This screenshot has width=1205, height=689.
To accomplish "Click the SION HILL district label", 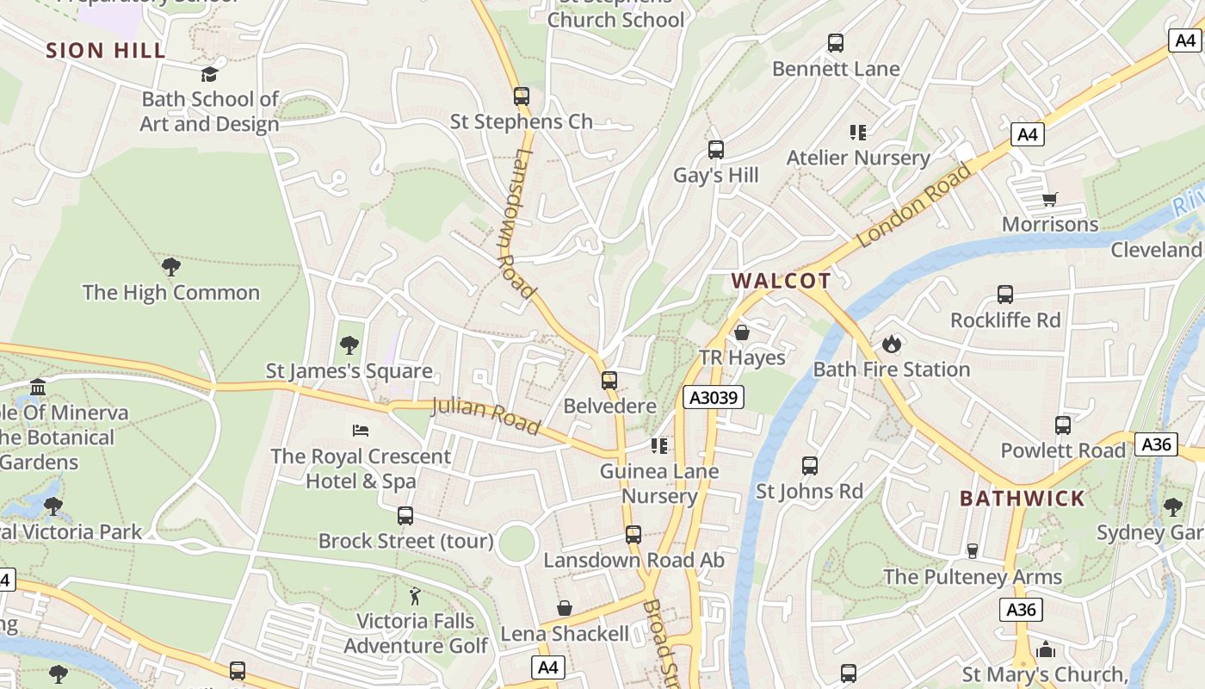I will pos(106,50).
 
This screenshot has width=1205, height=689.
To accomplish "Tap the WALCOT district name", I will pos(782,281).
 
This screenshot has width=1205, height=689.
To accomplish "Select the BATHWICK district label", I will pos(1023,499).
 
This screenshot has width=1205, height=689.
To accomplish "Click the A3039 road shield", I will pos(714,397).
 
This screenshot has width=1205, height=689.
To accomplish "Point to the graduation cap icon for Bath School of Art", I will pos(209,75).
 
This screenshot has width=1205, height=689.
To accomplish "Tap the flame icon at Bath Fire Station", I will pos(891,344).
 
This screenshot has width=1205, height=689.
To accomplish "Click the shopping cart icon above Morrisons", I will pos(1049,200).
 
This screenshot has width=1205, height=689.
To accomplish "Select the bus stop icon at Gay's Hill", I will pos(715,150).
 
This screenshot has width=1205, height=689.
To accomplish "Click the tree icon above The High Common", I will pos(170,267).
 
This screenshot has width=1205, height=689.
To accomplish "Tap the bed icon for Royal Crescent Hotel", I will pos(361,430).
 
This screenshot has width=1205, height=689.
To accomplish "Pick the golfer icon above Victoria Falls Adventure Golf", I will pos(415,596).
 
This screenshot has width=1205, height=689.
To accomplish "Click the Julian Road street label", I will pos(485,416).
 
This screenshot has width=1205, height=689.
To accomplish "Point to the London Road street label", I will pos(914,205).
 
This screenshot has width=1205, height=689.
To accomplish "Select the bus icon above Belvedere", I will pos(609,381).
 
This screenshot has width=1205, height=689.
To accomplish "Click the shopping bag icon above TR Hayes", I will pos(742,332).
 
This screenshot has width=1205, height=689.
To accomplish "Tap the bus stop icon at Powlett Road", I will pos(1063,425).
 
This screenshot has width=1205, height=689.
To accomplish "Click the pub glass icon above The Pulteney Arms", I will pos(973,550).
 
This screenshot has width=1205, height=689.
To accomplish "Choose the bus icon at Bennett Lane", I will pos(835,43).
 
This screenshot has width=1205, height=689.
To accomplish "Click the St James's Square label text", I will pos(349,371).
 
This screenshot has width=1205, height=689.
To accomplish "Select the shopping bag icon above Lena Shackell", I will pos(565,609).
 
